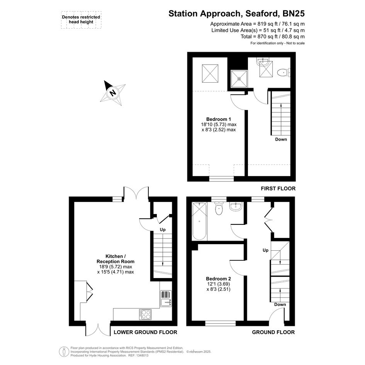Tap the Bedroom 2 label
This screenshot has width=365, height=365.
[x=218, y=278]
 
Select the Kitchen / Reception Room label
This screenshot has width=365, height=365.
[x=115, y=259]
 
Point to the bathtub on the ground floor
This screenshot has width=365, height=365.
[x=199, y=221]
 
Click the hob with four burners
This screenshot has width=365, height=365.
[x=145, y=314]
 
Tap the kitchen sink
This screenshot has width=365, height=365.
[x=166, y=299]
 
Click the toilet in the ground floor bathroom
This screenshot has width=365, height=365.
[x=219, y=208]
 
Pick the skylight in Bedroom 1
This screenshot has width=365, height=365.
[x=210, y=73]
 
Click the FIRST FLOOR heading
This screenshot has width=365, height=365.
[x=278, y=188]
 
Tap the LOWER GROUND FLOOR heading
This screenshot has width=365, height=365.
[x=146, y=332]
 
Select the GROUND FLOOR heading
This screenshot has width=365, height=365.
[x=273, y=332]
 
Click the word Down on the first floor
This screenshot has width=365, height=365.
[x=281, y=139]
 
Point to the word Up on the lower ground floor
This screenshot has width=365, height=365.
[x=163, y=230]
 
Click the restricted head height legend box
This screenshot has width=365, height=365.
[x=81, y=20]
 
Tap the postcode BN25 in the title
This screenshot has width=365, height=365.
[x=294, y=14]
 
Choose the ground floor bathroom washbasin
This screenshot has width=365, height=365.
[x=236, y=207]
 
